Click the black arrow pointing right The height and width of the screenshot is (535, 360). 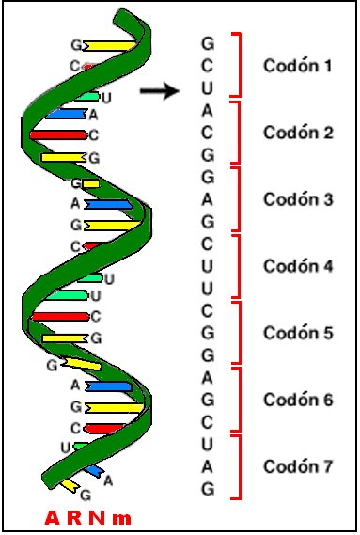click(159, 91)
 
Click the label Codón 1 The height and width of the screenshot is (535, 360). click(297, 67)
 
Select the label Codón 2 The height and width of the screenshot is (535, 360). click(297, 133)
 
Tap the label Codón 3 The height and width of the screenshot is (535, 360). click(297, 199)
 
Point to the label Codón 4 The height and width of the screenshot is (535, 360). click(297, 266)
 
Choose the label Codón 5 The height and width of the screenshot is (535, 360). click(297, 333)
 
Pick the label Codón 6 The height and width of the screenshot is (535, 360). click(297, 400)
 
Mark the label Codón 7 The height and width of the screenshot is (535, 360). click(297, 466)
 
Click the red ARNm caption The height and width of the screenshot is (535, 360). click(87, 518)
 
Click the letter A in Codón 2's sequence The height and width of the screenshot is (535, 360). click(208, 110)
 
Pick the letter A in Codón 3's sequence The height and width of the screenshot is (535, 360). click(208, 199)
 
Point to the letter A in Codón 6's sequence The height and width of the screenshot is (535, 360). click(208, 377)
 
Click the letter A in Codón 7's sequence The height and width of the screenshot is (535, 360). click(208, 466)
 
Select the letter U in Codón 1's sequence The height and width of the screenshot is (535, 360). click(208, 88)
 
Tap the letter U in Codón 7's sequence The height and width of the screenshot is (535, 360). click(208, 444)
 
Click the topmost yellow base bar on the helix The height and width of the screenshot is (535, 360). click(107, 44)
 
